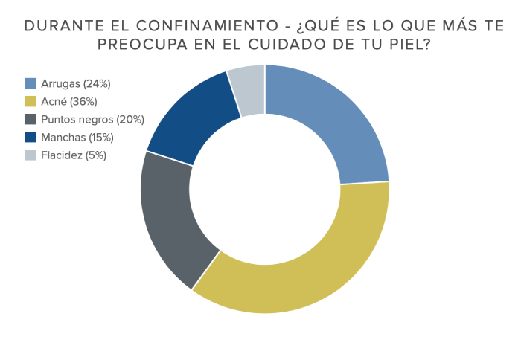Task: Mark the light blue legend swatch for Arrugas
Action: [31, 83]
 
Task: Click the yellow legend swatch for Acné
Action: [31, 101]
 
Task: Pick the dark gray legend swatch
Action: [31, 119]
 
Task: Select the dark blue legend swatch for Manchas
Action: [31, 137]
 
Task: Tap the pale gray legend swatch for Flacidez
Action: [31, 155]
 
